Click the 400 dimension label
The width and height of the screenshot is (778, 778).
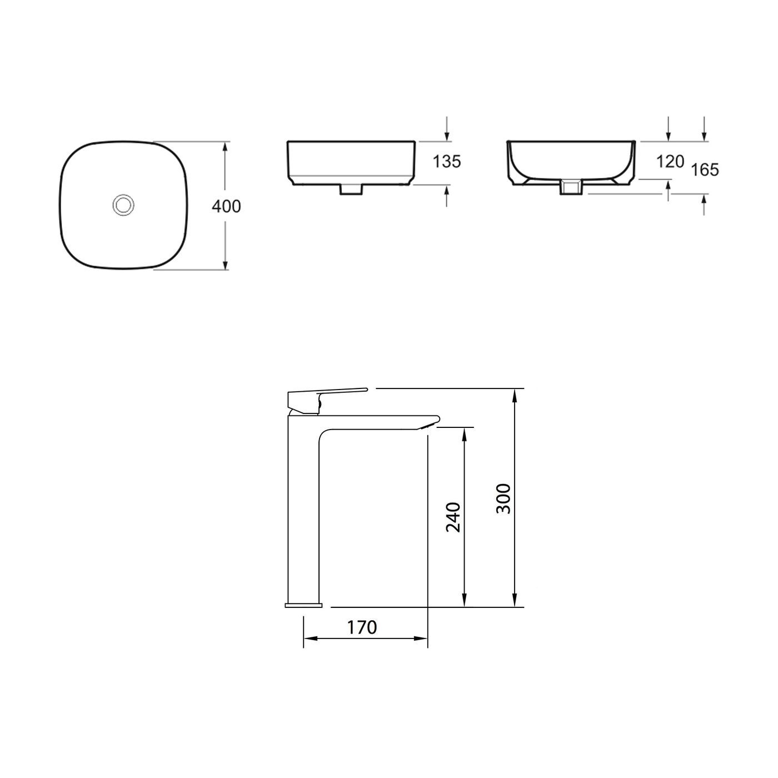[x=227, y=206]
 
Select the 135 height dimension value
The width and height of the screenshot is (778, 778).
[x=447, y=161]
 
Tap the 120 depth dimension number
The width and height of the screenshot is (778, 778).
[x=670, y=162]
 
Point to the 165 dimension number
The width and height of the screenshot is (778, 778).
[x=705, y=169]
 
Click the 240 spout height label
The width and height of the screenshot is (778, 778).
[x=453, y=517]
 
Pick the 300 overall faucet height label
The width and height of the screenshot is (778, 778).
[x=502, y=498]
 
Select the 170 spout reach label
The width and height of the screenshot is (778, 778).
[x=362, y=627]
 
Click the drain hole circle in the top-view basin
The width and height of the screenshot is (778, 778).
[x=123, y=205]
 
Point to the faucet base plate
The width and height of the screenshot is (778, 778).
[x=303, y=604]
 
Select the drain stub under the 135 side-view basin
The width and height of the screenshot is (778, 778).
[x=351, y=189]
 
